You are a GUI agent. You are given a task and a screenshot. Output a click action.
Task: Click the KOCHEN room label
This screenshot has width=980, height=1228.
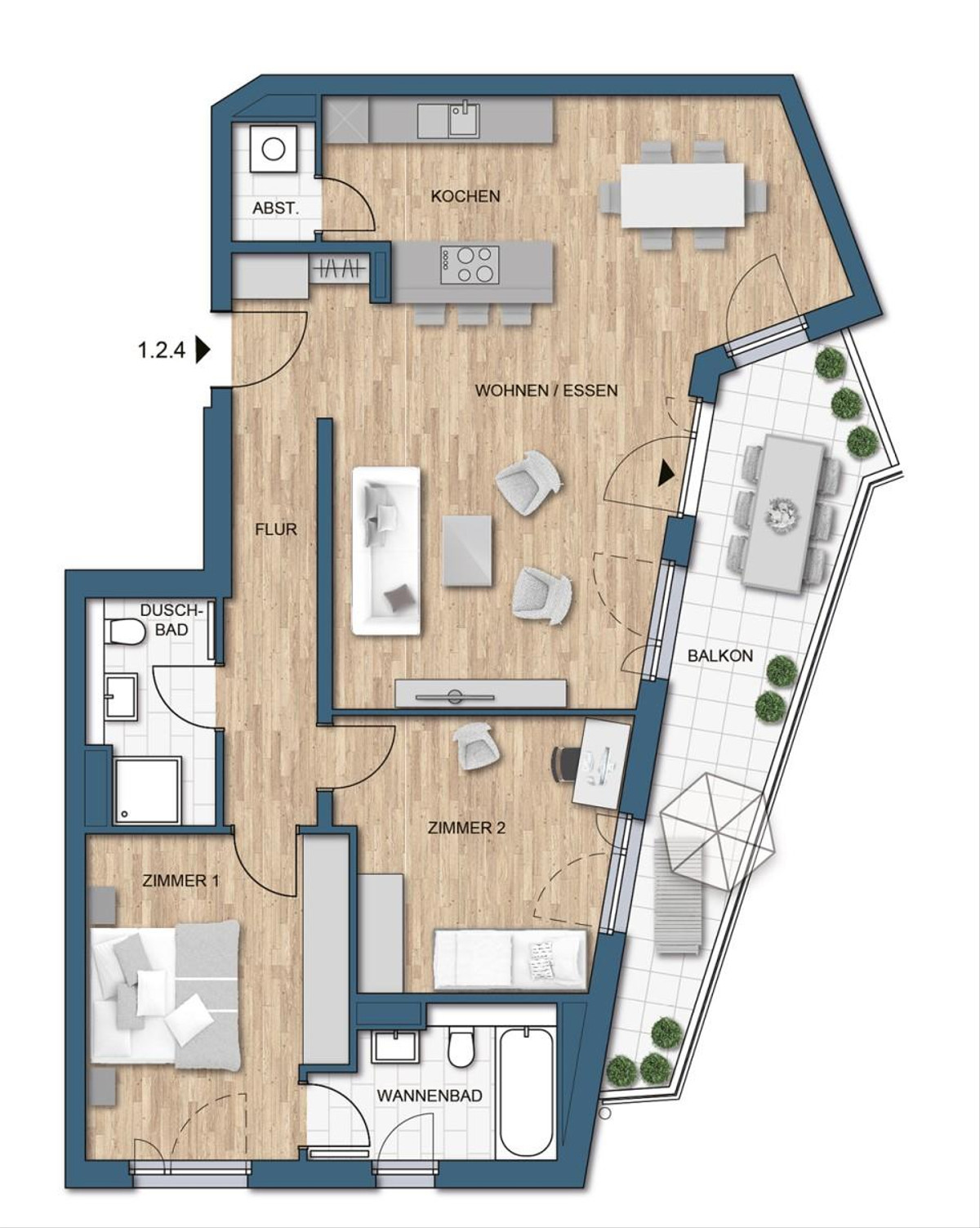(x=465, y=196)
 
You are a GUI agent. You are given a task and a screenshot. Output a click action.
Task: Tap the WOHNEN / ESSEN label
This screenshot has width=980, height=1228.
(x=546, y=391)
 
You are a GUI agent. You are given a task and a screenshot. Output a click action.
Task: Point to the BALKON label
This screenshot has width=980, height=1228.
(x=719, y=655)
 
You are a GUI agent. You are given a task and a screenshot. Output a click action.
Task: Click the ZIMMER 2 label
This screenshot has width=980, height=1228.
(x=466, y=828)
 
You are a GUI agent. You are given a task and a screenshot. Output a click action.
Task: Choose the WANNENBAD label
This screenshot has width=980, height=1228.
(x=430, y=1096)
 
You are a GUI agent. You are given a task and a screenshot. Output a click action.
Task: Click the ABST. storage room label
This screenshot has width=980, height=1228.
(x=275, y=208)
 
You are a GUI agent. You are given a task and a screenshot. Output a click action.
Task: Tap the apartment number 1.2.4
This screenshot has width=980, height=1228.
(x=162, y=350)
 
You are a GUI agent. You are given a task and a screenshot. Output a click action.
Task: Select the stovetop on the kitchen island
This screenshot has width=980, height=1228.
(x=470, y=266)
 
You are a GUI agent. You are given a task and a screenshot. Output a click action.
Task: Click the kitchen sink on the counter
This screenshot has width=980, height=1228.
(x=448, y=119)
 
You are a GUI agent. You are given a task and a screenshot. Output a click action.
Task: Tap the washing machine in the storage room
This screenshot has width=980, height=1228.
(x=274, y=149)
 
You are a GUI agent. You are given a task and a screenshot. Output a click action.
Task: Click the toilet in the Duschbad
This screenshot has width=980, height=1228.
(x=124, y=632)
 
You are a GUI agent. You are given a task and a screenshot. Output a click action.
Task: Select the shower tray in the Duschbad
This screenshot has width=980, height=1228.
(x=149, y=790)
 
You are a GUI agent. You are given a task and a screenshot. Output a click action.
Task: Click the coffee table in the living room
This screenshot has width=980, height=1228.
(x=467, y=550)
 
